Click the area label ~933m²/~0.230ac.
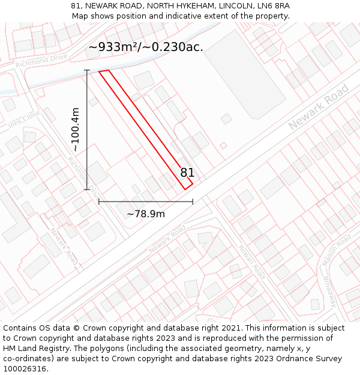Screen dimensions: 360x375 tap(146, 47)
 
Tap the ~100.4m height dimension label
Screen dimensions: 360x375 tap(76, 130)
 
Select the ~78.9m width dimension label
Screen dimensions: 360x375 tap(146, 214)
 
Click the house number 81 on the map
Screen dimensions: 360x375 tap(187, 173)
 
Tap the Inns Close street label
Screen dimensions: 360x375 tap(24, 118)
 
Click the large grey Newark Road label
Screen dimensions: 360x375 tap(319, 107)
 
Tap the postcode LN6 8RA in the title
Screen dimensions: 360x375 tap(273, 6)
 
